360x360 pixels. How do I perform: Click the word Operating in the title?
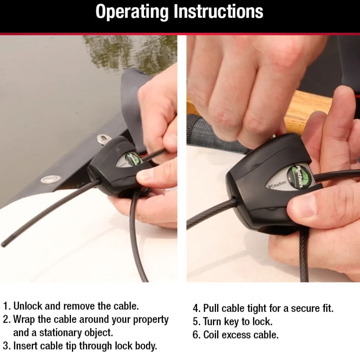(132, 12)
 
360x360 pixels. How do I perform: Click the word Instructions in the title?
(218, 11)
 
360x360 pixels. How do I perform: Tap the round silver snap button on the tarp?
(51, 179)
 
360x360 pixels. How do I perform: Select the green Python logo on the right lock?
(298, 177)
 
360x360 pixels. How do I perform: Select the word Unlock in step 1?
(28, 306)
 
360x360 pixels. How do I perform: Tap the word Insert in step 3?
(25, 346)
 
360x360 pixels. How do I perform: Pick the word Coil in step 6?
(211, 335)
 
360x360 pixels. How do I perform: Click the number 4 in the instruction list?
(196, 308)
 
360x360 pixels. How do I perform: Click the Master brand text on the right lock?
(276, 184)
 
